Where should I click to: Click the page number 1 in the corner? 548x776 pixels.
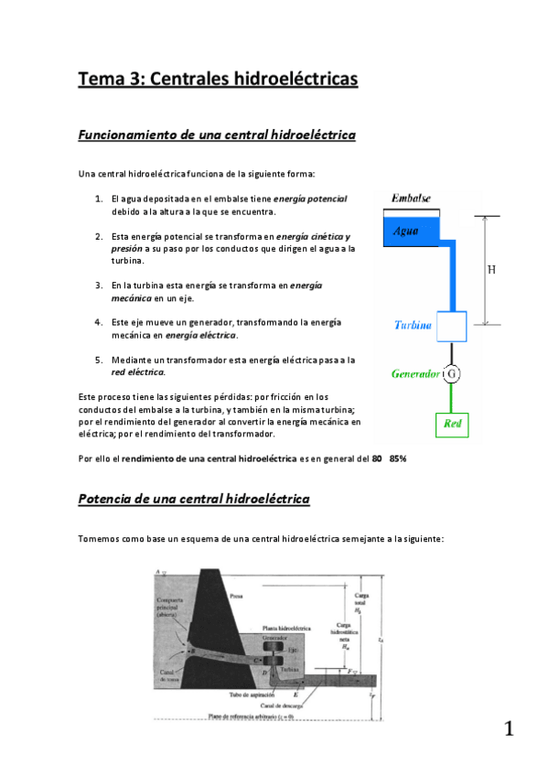pyautogui.click(x=509, y=729)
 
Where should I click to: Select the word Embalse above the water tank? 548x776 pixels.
pyautogui.click(x=411, y=199)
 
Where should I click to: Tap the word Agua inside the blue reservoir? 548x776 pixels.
pyautogui.click(x=406, y=231)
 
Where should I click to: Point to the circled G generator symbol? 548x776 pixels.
pyautogui.click(x=451, y=374)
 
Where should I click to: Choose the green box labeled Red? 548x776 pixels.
pyautogui.click(x=451, y=425)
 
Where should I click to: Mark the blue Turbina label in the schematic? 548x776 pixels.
pyautogui.click(x=413, y=326)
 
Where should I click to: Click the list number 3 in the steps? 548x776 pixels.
pyautogui.click(x=98, y=286)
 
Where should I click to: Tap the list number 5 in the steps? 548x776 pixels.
pyautogui.click(x=98, y=360)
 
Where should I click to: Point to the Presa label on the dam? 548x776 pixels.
pyautogui.click(x=236, y=596)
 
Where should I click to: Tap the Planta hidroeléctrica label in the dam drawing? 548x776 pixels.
pyautogui.click(x=287, y=630)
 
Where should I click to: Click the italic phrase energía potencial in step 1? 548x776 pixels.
pyautogui.click(x=312, y=199)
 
